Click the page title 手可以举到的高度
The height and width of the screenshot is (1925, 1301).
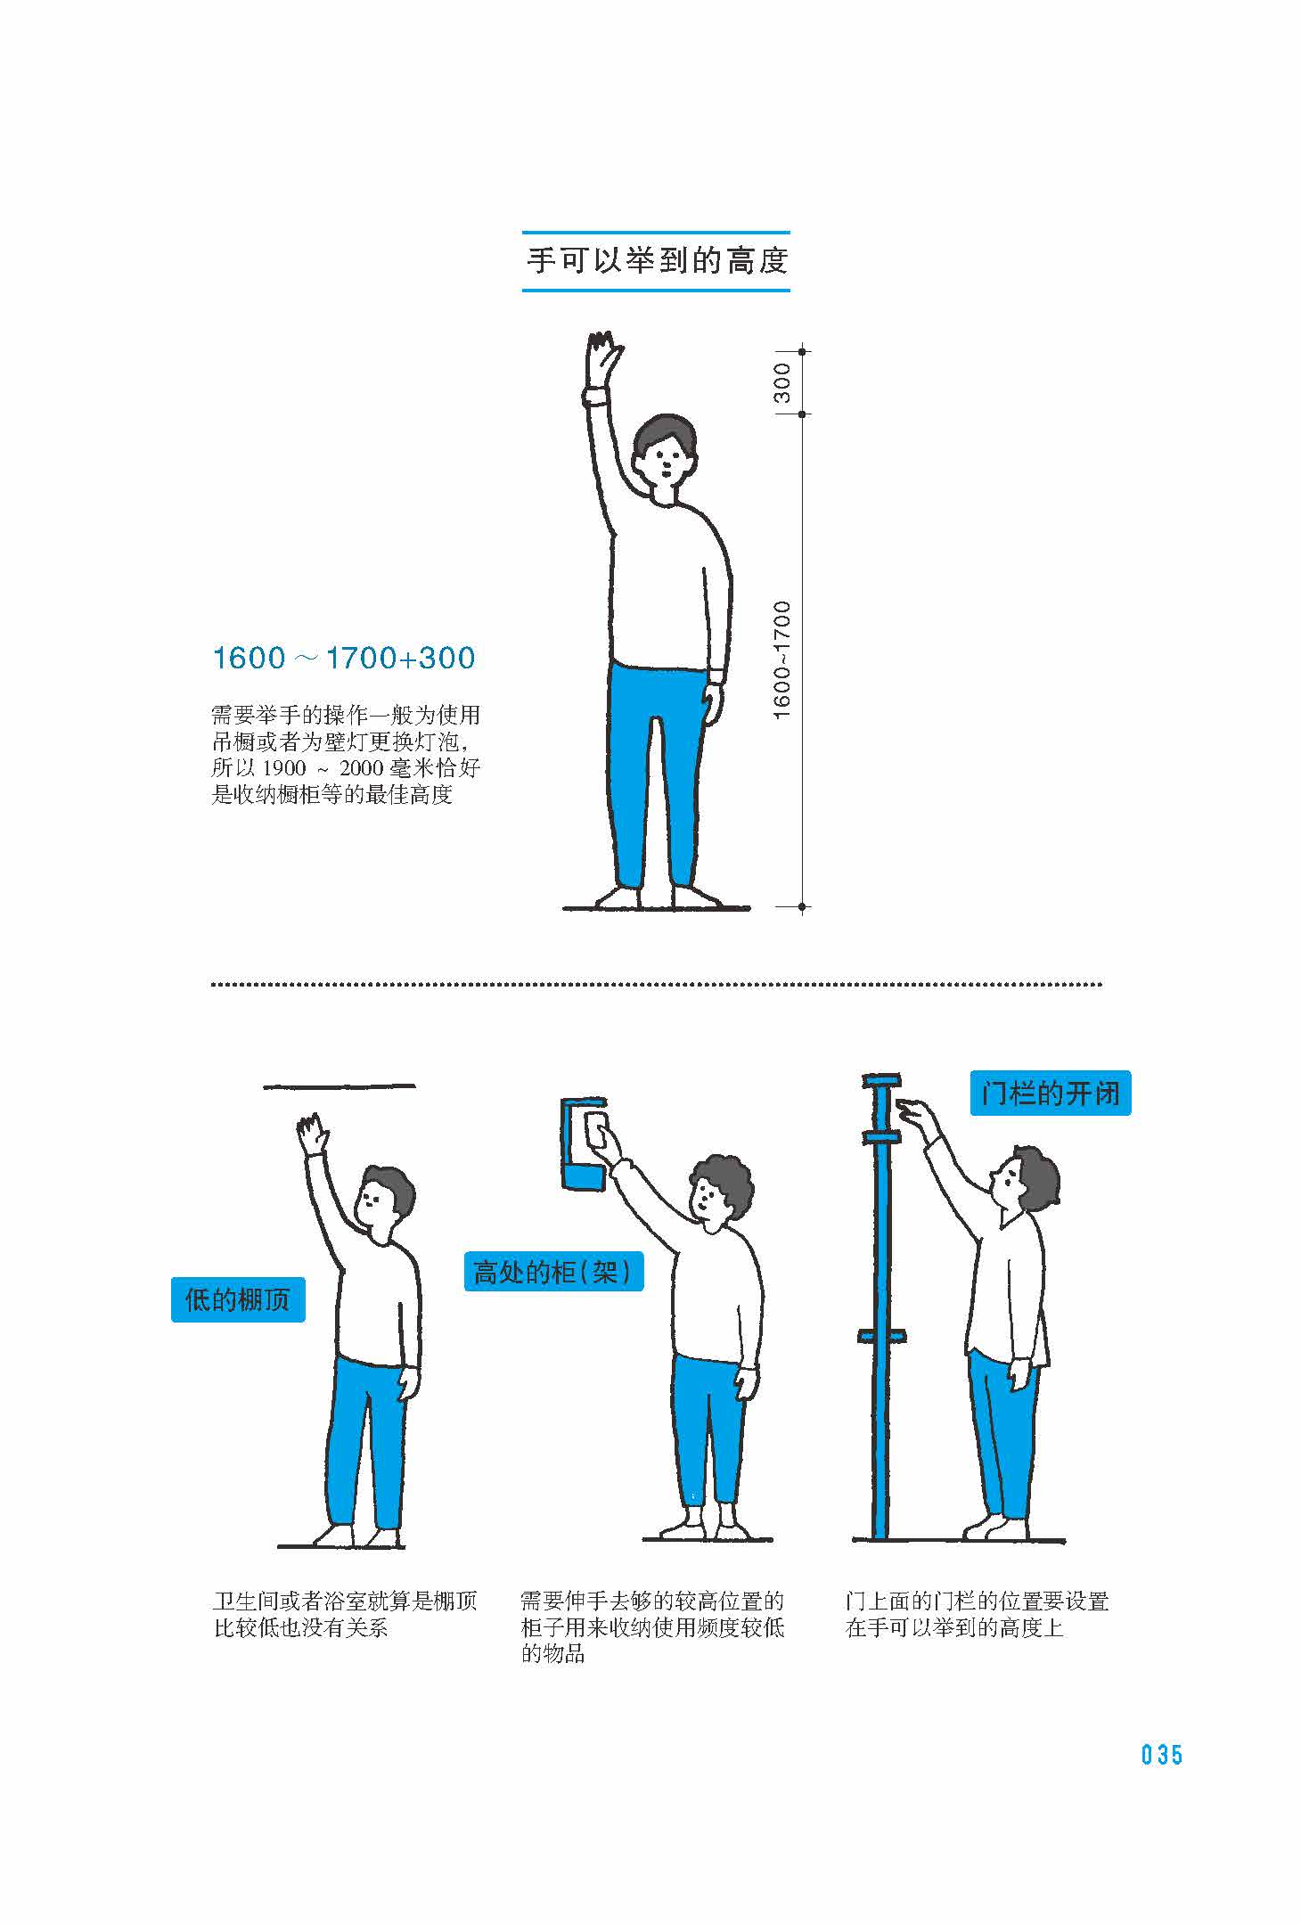coord(657,261)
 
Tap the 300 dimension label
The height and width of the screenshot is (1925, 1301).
coord(781,382)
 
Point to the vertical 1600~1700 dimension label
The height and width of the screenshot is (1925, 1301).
coord(781,659)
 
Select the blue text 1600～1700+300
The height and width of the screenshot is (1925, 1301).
coord(344,659)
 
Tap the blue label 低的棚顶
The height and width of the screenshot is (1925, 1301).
coord(238,1299)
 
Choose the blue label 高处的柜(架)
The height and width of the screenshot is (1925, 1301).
coord(553,1272)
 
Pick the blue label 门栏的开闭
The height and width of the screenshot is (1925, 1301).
coord(1050,1093)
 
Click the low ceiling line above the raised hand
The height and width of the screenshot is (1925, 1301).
coord(340,1086)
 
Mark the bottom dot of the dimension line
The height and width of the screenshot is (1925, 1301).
coord(802,907)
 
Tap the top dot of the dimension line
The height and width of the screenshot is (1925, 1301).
coord(802,352)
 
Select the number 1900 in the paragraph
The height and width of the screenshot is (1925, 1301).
coord(284,767)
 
